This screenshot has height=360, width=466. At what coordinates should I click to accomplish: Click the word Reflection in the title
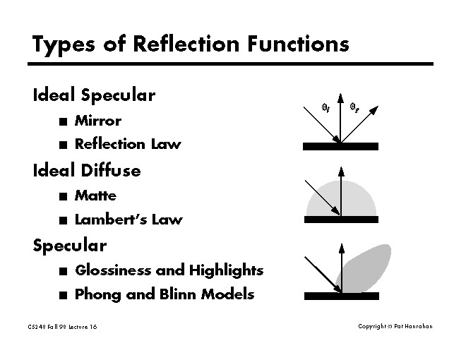pos(175,44)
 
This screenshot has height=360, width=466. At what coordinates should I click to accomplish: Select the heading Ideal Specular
pos(94,95)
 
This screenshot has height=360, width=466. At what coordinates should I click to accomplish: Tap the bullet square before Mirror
pos(64,121)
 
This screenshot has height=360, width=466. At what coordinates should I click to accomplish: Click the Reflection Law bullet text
pos(128,144)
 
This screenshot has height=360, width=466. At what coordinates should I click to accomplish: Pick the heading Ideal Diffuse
pos(86,170)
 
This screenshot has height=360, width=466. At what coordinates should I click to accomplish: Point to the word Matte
pos(95,196)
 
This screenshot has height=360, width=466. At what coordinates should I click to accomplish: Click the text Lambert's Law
pos(128,220)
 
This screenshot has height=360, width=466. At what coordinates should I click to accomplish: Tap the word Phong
pos(97,294)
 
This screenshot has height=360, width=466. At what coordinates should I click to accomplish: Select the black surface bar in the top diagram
pos(341,146)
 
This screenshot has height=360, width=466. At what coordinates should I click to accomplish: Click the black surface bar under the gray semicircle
pos(341,220)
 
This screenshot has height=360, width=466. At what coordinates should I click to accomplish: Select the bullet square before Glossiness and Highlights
pos(64,270)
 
